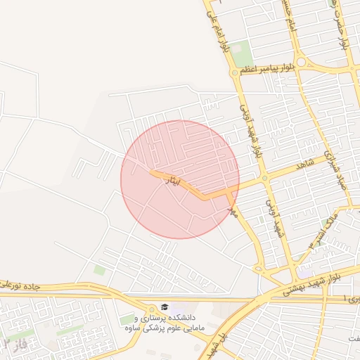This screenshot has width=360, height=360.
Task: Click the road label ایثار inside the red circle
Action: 171,181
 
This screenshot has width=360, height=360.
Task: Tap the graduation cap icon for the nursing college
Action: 164,307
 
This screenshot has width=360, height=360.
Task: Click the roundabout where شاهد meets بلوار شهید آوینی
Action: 264,179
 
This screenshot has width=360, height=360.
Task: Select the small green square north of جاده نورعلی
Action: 100,269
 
